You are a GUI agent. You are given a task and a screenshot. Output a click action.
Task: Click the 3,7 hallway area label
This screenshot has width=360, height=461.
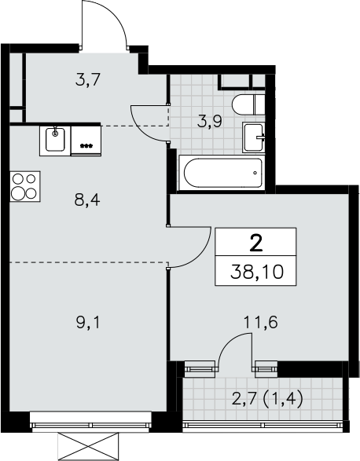click(88, 80)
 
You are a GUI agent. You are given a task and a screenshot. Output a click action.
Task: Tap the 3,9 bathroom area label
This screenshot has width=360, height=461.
click(210, 122)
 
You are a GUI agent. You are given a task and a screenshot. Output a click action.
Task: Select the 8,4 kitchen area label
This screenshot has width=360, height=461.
click(87, 201)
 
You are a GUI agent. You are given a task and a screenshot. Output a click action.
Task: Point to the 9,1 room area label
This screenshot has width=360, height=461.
click(88, 323)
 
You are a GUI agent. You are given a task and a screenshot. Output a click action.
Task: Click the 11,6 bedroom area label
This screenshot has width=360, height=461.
click(261, 323)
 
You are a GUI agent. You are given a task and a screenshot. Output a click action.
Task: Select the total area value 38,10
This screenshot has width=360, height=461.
click(257, 272)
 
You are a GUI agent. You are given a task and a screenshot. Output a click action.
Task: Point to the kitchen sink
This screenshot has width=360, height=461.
click(55, 141)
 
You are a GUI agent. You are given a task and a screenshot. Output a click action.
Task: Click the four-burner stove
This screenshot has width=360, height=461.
click(24, 186)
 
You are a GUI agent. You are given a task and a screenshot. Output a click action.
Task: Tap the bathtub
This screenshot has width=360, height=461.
click(222, 173)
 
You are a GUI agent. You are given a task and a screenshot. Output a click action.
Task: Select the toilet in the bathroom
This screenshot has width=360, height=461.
click(248, 105)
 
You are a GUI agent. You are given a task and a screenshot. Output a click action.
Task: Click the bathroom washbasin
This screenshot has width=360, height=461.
click(253, 137)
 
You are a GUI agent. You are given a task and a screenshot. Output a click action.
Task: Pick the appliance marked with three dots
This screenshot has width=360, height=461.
click(86, 141)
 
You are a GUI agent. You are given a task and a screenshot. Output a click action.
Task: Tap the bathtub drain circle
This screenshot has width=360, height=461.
click(255, 173)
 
